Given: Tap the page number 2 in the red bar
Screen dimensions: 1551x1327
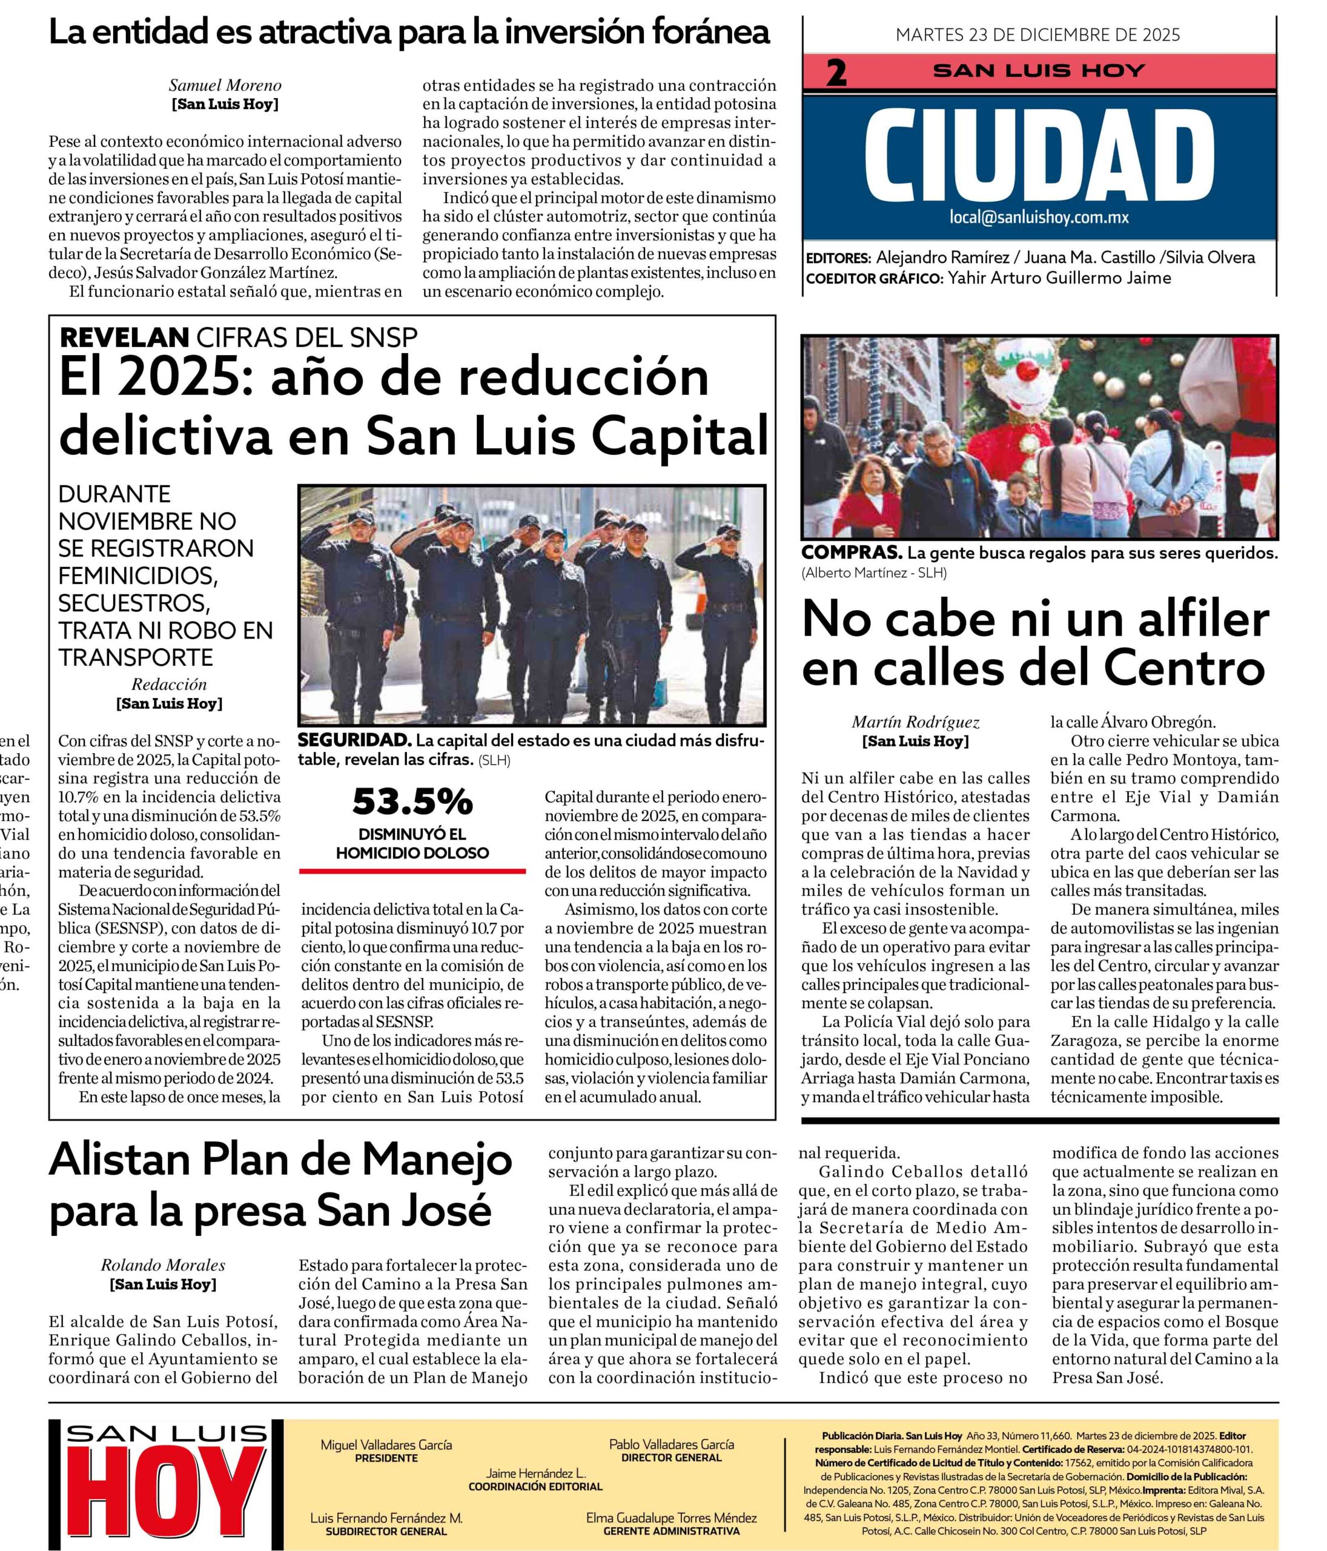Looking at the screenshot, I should (835, 73).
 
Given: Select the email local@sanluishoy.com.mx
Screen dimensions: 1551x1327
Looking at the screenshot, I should (1039, 217).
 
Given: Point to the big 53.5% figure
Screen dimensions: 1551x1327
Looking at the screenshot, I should (412, 802).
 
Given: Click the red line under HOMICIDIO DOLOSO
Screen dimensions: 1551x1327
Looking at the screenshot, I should (412, 871).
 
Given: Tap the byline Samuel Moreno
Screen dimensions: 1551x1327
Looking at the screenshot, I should (225, 85).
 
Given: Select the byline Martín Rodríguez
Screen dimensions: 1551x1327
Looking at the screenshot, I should (915, 722).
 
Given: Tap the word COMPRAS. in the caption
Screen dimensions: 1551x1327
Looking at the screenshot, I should (850, 553).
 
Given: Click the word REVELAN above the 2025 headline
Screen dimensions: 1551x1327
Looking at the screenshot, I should (124, 337).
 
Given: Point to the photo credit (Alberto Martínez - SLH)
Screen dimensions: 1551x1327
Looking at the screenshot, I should (873, 573).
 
